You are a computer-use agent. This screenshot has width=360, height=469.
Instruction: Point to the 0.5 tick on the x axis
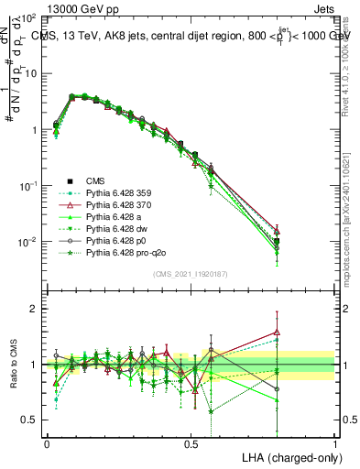click(x=191, y=442)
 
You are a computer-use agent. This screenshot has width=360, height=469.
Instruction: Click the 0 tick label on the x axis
click(x=47, y=442)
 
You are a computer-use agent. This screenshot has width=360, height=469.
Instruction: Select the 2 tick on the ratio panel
click(x=35, y=309)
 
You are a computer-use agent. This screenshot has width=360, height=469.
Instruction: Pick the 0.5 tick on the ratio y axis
click(x=30, y=420)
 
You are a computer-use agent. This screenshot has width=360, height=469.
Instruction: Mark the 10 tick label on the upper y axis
click(x=31, y=73)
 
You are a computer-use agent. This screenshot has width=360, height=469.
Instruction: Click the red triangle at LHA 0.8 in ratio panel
click(x=277, y=333)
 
